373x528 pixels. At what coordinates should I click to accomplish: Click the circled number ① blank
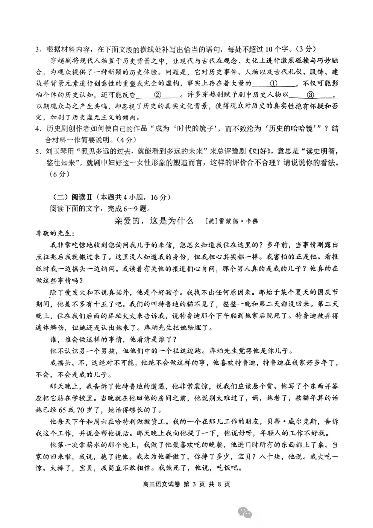click(x=274, y=83)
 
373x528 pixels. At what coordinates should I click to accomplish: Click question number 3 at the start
click(x=38, y=49)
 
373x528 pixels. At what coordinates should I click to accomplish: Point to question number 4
click(x=38, y=129)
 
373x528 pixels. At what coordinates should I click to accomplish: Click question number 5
click(x=38, y=152)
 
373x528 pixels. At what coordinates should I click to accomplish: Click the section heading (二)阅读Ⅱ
click(x=72, y=197)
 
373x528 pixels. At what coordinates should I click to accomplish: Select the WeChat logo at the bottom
click(x=245, y=512)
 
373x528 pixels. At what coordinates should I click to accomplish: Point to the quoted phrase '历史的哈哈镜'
click(x=293, y=129)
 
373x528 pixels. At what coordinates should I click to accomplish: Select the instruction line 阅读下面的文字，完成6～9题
click(x=100, y=208)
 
